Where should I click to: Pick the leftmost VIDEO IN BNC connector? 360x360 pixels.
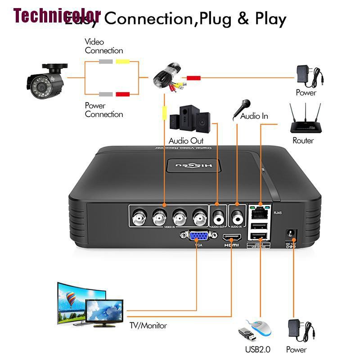(x=138, y=220)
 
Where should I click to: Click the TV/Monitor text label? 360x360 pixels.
(x=148, y=325)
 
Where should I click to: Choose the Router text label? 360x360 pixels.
(x=303, y=140)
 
